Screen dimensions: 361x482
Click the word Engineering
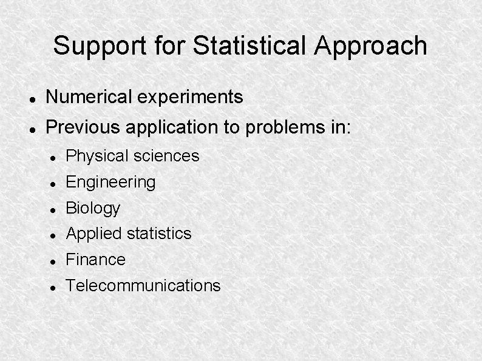[110, 182]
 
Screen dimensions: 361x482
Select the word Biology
[93, 208]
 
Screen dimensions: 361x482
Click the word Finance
[95, 260]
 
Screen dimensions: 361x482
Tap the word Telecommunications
[143, 286]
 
